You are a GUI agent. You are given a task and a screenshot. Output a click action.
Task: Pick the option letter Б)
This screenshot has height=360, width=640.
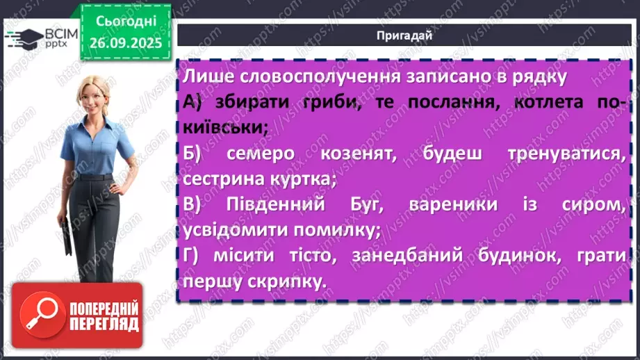pyautogui.click(x=195, y=154)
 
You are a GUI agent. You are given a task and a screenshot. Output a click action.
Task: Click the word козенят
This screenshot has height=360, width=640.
pyautogui.click(x=352, y=154)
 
